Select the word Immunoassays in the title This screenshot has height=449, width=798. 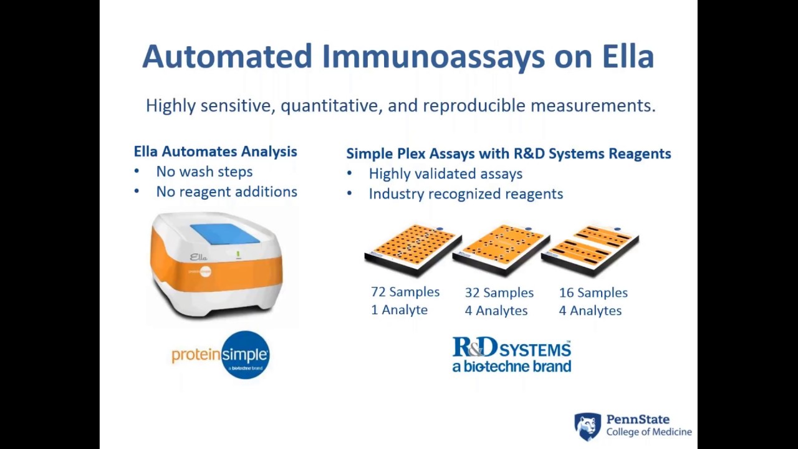click(x=433, y=57)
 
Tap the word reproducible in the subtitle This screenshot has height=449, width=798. click(x=474, y=105)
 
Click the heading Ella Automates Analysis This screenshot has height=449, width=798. click(x=215, y=152)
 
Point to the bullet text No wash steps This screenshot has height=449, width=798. click(x=204, y=171)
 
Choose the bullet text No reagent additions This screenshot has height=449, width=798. click(x=226, y=191)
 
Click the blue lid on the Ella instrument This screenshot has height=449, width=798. click(x=224, y=233)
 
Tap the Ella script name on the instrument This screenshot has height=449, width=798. click(x=198, y=256)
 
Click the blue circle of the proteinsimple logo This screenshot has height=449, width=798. click(x=245, y=355)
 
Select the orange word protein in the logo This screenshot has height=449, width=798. click(x=196, y=355)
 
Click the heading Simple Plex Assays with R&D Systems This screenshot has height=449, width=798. click(x=508, y=153)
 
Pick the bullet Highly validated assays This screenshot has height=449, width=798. click(x=445, y=173)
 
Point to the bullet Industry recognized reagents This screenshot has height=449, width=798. click(x=466, y=193)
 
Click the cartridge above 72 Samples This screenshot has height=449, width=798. click(x=412, y=249)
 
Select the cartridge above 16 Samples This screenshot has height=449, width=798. click(x=590, y=249)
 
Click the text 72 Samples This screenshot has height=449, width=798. click(x=405, y=292)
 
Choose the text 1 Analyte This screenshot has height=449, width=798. click(x=399, y=310)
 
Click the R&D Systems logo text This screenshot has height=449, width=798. click(x=511, y=347)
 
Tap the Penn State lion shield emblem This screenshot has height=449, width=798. click(x=587, y=427)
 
